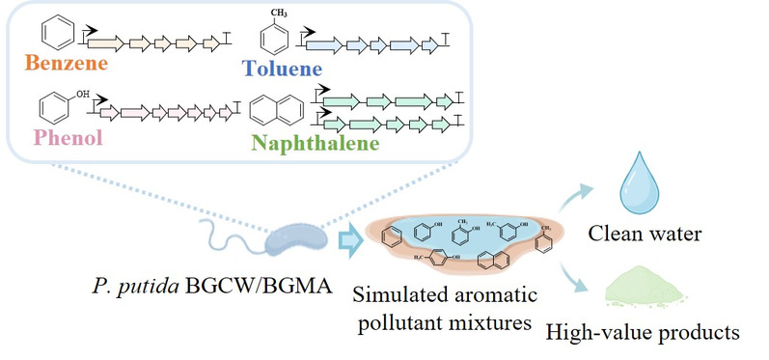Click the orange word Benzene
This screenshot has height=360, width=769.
pos(67,63)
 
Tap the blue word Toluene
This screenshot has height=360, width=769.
pos(282,69)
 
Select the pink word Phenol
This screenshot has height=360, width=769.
pos(69,137)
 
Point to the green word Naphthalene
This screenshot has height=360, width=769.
pos(316,143)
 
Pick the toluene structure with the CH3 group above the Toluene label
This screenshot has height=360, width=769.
pos(274,34)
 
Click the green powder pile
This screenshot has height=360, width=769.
pos(644,287)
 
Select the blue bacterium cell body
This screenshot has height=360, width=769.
pos(295,239)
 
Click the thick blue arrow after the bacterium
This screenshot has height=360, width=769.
pos(350,241)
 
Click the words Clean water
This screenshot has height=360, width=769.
pos(645,234)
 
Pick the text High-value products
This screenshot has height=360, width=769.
pos(643,333)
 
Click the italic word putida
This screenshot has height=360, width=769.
pos(146,285)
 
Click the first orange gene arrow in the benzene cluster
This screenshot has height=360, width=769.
pos(105,43)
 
